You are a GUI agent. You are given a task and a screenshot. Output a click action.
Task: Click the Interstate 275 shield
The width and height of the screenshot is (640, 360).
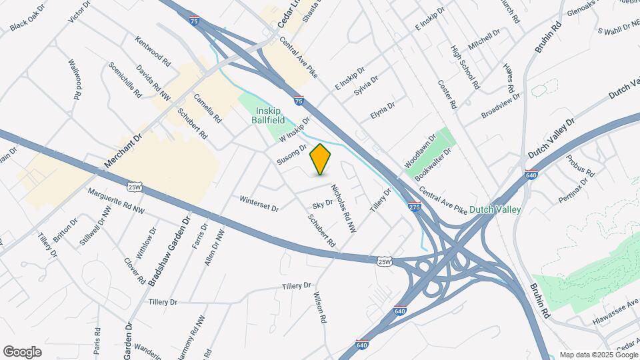pos(414,207)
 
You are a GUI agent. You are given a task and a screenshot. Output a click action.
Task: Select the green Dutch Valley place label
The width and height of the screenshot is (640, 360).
pos(495,209)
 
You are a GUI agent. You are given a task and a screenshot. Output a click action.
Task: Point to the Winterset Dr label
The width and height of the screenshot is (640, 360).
pos(259,203)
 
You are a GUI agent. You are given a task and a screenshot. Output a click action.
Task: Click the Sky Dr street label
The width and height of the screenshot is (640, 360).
pos(322,204)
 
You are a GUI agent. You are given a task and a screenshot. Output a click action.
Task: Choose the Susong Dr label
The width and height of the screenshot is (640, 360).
pos(291,155)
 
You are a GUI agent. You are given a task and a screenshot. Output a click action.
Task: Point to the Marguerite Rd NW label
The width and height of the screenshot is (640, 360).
pos(116,201)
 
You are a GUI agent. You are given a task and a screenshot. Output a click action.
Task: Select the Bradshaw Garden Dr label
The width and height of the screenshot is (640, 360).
pos(169,251)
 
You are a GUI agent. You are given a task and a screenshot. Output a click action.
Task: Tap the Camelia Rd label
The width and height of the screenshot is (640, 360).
pos(207,107)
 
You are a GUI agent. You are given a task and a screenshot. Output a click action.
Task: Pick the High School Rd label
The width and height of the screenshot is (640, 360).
pos(465,67)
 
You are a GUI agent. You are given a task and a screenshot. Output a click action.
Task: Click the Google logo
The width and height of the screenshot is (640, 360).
pos(22,352)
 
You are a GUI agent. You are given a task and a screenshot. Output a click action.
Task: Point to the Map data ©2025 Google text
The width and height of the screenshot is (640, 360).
pos(598,355)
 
